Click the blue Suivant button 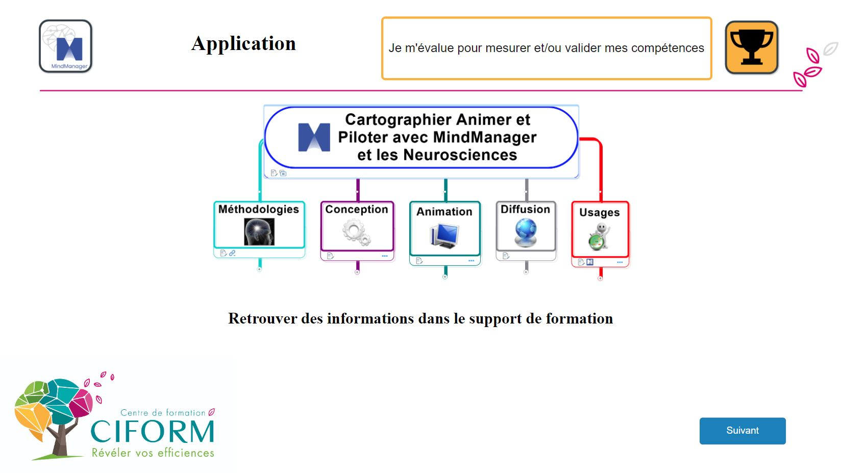[x=742, y=431]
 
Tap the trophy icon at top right [x=751, y=47]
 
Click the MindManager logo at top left [x=66, y=46]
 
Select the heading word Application [x=243, y=44]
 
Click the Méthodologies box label [x=259, y=209]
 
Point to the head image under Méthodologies [x=259, y=232]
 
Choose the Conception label [x=357, y=209]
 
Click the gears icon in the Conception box [x=356, y=233]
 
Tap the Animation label [x=444, y=212]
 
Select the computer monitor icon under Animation [x=444, y=235]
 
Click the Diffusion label [x=525, y=209]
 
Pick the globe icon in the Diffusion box [x=526, y=232]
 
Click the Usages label [x=600, y=212]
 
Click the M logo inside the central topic [x=314, y=137]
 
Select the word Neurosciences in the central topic [x=460, y=155]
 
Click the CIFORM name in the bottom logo [x=153, y=432]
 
